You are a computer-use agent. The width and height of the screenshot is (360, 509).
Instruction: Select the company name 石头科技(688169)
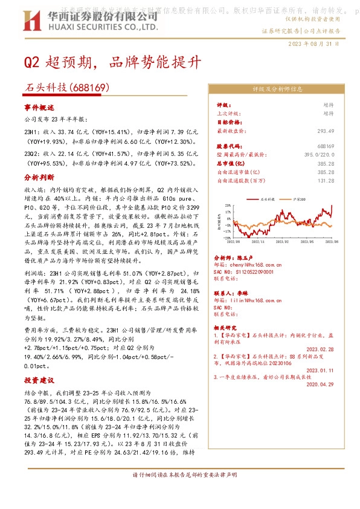pyautogui.click(x=67, y=88)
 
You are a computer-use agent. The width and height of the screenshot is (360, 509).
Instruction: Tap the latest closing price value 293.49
pyautogui.click(x=326, y=131)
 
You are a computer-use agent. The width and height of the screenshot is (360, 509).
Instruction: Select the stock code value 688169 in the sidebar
pyautogui.click(x=326, y=146)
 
